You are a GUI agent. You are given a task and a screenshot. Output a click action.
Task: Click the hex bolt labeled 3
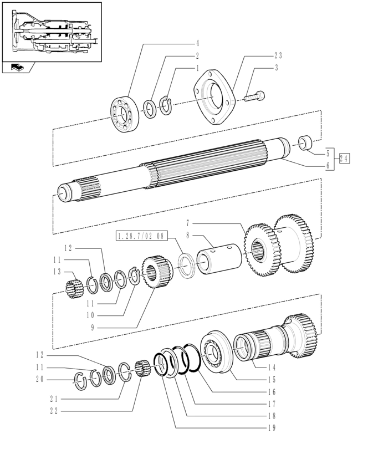pos(255,96)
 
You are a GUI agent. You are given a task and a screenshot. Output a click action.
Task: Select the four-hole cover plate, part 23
pos(214,98)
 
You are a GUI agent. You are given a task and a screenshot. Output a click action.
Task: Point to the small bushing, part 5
pos(305,143)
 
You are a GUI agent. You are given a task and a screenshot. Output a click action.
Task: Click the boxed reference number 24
pos(344,159)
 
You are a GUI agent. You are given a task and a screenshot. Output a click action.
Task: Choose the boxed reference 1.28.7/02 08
pos(141,236)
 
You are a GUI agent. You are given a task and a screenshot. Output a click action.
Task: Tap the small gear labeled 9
pos(157,272)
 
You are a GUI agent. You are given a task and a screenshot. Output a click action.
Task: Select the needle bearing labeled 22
pos(142,368)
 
